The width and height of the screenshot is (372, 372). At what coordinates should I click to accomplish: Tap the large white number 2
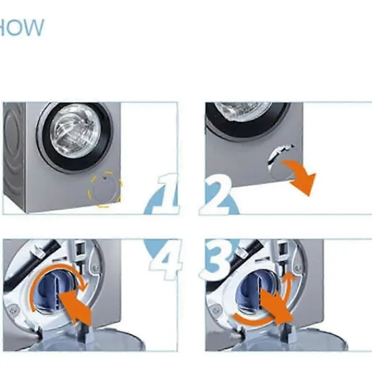click(216, 193)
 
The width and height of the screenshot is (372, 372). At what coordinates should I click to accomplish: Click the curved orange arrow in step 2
click(301, 176)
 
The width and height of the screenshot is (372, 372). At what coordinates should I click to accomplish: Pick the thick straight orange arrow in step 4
click(73, 307)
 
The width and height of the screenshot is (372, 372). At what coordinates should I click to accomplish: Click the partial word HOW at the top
click(21, 28)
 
